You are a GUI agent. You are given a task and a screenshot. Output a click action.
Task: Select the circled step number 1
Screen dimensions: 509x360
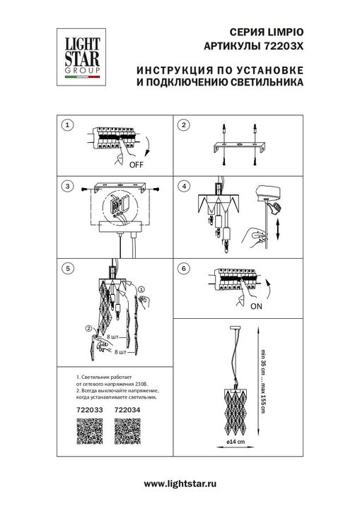[68, 126]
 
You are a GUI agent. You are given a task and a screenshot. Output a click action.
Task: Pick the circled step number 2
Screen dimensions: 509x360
[184, 126]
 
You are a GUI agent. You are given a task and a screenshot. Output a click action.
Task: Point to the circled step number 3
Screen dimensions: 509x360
[68, 187]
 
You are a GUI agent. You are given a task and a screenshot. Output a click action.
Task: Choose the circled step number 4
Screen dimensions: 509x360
[184, 187]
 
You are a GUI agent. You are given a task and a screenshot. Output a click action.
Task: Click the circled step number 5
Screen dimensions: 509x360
[68, 269]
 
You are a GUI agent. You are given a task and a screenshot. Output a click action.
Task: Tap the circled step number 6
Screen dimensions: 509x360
[184, 269]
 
